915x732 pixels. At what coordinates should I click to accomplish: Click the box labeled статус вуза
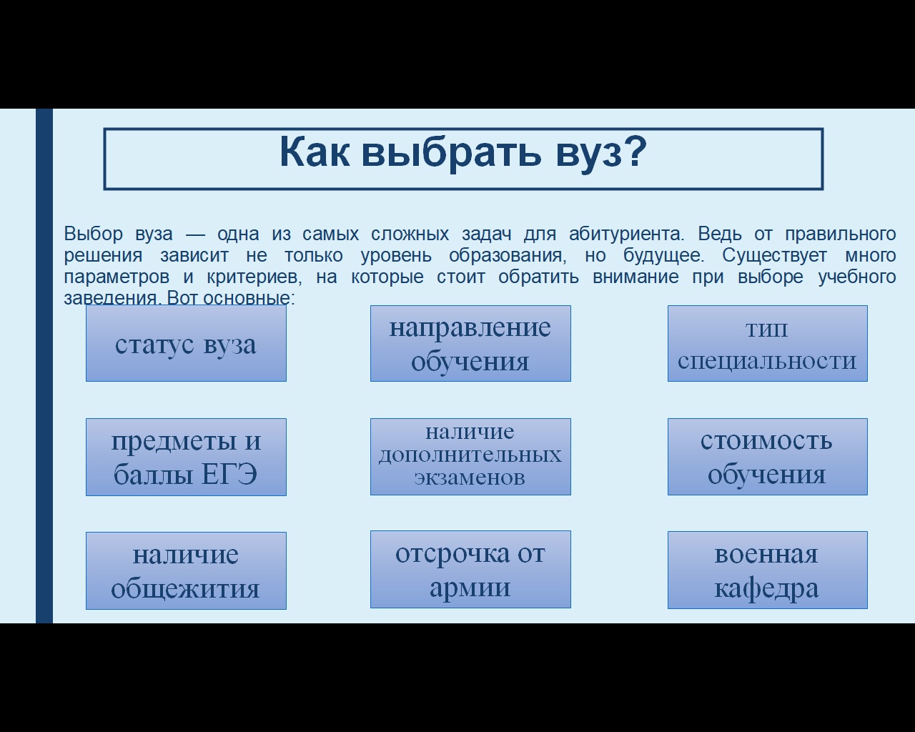186,343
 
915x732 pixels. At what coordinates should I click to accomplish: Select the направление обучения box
470,343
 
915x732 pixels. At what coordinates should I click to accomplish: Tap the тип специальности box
768,343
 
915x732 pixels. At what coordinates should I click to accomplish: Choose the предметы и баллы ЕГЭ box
186,457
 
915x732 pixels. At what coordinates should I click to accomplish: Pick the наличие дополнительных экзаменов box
470,456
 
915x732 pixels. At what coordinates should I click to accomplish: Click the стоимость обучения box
768,456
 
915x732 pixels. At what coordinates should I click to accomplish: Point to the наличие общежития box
186,570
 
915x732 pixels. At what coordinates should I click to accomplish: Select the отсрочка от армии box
470,569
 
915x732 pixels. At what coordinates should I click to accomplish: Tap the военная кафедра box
768,570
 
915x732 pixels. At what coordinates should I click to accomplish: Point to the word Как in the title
315,152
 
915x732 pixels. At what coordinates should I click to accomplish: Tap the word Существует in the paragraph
774,256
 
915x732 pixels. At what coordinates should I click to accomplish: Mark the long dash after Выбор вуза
195,234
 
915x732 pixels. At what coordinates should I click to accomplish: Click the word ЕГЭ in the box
228,474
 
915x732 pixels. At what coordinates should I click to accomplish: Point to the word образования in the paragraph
508,256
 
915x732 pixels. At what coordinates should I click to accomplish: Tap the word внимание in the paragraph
635,277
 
